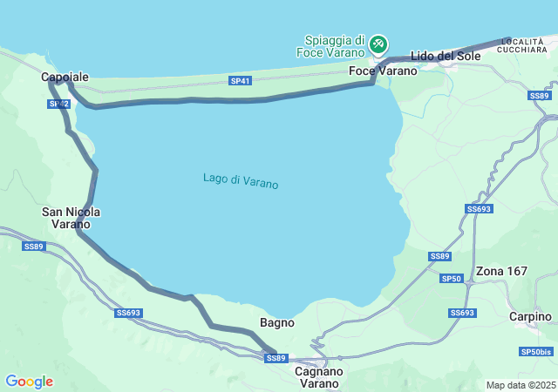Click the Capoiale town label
(x=65, y=78)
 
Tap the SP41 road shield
(x=241, y=81)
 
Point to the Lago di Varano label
(x=241, y=181)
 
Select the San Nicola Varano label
(x=71, y=218)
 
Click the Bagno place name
(x=276, y=322)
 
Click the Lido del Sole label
(x=446, y=57)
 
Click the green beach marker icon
(x=378, y=43)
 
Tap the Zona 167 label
(x=501, y=271)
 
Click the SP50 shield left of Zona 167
(x=451, y=279)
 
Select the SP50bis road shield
(x=536, y=352)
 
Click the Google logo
(x=29, y=382)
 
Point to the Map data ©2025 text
(x=520, y=385)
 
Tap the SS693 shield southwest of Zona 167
(x=462, y=313)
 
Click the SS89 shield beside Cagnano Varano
(x=276, y=358)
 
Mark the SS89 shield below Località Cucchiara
(x=540, y=96)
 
